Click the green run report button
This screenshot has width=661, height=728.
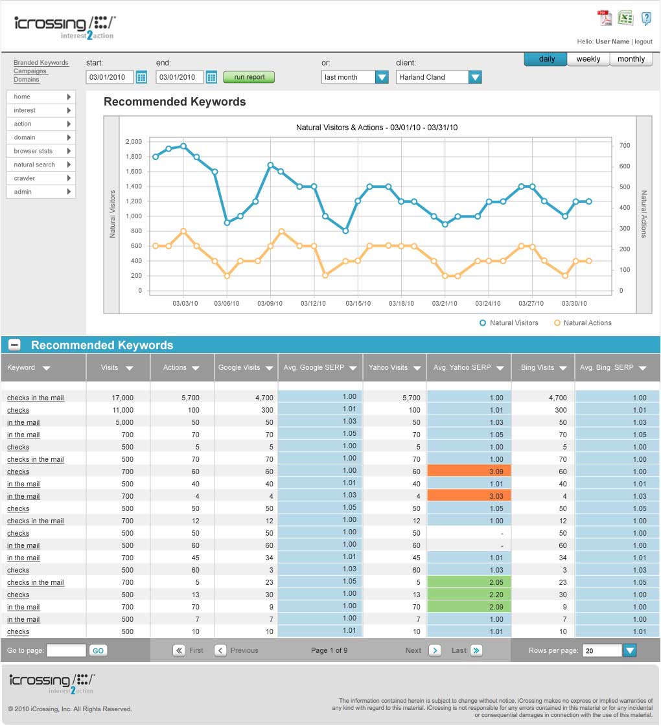248,77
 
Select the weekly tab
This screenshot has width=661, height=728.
588,59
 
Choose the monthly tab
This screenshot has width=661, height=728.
631,59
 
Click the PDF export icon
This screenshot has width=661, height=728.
605,18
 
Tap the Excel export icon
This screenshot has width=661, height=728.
625,18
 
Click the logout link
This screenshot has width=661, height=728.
644,42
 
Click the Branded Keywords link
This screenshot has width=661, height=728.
41,63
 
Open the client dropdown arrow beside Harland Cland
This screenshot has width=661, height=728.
475,77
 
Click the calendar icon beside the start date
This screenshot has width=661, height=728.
142,77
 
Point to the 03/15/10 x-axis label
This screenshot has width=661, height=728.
358,304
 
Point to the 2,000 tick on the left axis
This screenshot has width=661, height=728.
133,142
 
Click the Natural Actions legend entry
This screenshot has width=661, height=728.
583,323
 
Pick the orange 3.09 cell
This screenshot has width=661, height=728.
469,471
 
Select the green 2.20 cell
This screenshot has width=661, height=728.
469,595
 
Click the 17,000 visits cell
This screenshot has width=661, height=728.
122,398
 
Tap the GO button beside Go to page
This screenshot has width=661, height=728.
98,651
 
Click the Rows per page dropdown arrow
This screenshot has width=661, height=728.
630,651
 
